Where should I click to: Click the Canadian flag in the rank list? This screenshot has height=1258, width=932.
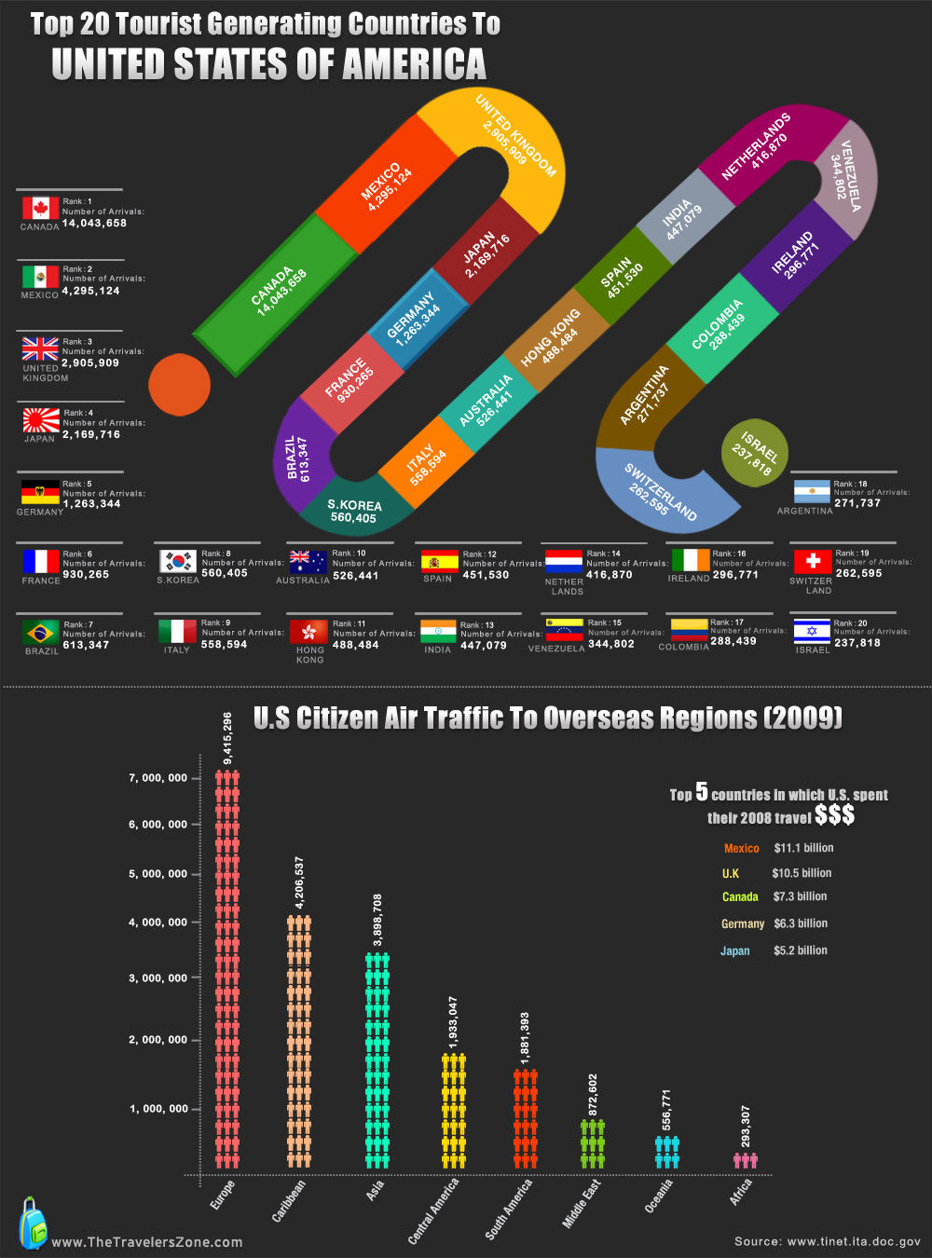tap(40, 207)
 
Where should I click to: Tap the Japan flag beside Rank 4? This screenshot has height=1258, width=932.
tap(41, 420)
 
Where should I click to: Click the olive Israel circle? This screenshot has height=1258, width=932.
tap(755, 453)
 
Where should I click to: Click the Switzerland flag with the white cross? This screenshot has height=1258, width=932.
tap(812, 561)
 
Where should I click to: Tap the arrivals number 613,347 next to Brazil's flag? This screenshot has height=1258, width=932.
tap(86, 645)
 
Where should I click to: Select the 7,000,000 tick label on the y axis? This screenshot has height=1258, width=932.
tap(158, 778)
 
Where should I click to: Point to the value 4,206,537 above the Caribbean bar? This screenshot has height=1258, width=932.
tap(299, 882)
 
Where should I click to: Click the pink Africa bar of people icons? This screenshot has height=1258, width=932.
tap(745, 1160)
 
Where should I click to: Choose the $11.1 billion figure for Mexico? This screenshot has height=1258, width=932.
tap(803, 848)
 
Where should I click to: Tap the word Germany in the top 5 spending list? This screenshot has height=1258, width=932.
tap(743, 923)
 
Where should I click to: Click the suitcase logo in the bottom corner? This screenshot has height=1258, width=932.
tap(33, 1223)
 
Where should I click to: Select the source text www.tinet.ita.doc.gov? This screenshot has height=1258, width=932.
tap(854, 1241)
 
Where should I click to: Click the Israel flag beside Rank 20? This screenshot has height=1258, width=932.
tap(812, 631)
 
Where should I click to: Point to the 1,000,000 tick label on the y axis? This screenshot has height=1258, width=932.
tap(158, 1109)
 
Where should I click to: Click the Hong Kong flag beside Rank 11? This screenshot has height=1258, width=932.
tap(308, 632)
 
